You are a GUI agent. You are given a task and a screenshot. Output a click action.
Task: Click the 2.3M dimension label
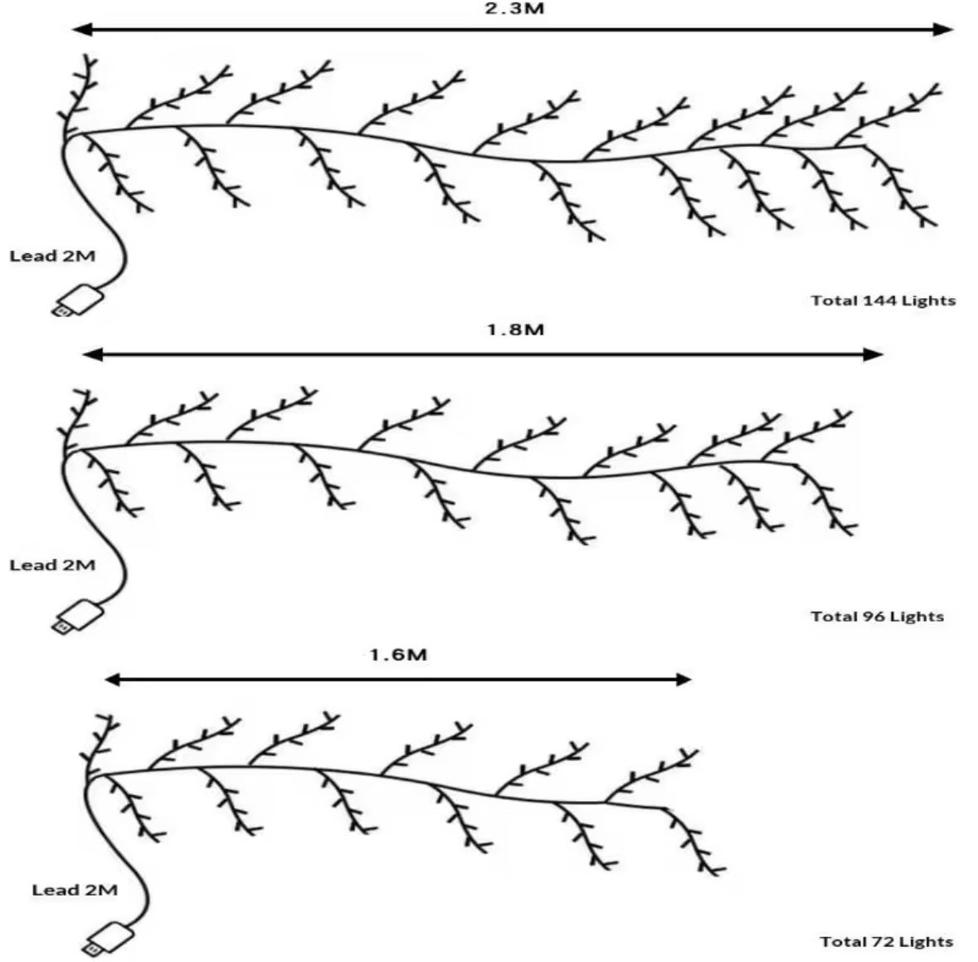point(514,8)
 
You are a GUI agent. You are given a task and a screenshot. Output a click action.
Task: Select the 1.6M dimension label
point(398,654)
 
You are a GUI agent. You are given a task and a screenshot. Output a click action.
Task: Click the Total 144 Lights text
point(883,301)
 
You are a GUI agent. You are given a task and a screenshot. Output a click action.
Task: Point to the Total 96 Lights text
point(877,617)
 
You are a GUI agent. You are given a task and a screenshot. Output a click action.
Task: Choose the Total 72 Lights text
point(886,942)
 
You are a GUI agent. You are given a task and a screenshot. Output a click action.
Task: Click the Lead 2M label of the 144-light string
point(52,256)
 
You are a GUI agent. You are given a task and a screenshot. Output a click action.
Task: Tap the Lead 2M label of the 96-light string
point(52,565)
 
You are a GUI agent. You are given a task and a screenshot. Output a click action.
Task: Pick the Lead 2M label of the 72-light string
point(75,890)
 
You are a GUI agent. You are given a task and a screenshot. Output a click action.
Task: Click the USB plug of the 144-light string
point(76,301)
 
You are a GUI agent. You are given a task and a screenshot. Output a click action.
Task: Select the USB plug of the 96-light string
point(76,617)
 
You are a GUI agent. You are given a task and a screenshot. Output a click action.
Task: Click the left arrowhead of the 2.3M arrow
point(82,29)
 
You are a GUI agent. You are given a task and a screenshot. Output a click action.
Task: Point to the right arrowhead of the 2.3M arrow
point(943,29)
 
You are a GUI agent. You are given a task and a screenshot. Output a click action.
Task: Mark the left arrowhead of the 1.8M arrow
point(92,354)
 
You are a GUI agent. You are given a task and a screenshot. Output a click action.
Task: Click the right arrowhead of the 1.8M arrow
point(873,354)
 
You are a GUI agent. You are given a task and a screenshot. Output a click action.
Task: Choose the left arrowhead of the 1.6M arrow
point(112,679)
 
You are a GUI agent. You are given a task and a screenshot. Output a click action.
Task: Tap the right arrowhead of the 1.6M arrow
point(683,679)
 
